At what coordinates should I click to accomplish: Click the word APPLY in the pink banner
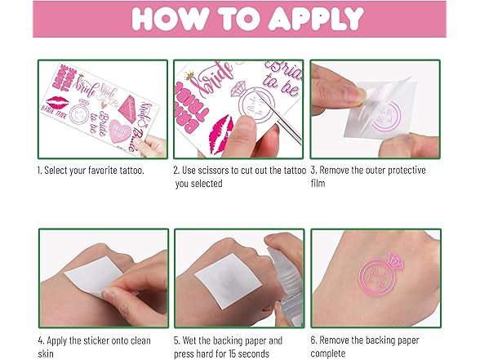pos(316,19)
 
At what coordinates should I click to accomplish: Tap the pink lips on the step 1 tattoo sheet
pos(57,103)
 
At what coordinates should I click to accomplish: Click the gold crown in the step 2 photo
pos(189,75)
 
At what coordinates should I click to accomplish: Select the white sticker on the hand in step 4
pos(91,277)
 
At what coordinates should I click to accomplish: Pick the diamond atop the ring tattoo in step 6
pos(395,261)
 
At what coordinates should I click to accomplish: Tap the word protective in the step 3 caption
pos(407,170)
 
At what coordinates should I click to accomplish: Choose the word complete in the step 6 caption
pos(328,353)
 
